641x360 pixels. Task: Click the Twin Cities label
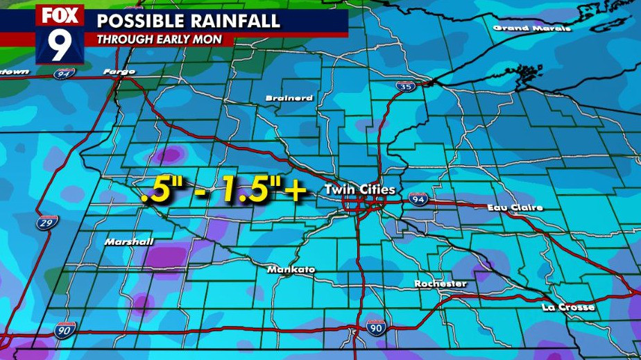click(x=360, y=189)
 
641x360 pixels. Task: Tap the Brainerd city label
click(x=289, y=98)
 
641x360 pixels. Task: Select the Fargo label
click(x=119, y=71)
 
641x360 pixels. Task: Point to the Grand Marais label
click(x=532, y=28)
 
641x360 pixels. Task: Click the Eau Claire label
click(x=514, y=207)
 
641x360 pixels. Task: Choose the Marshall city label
click(x=129, y=242)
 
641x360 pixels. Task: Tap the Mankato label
click(x=291, y=269)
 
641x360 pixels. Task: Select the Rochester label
click(x=441, y=284)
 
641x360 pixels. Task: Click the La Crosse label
click(x=568, y=307)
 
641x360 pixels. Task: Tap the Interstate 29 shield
click(x=46, y=223)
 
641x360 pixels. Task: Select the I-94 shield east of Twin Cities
click(x=418, y=198)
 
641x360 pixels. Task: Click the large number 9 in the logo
click(x=59, y=46)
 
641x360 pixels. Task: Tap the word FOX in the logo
click(x=60, y=15)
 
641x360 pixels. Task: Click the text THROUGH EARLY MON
click(x=160, y=40)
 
